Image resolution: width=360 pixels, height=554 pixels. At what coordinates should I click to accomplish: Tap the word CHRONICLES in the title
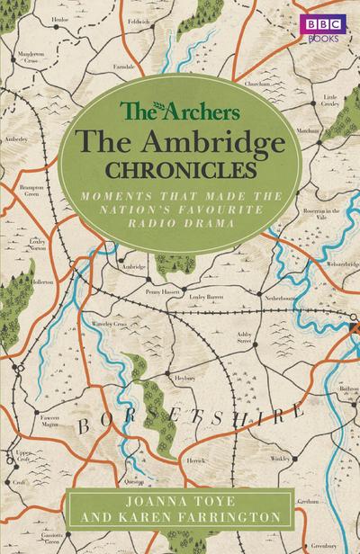(x=180, y=167)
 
